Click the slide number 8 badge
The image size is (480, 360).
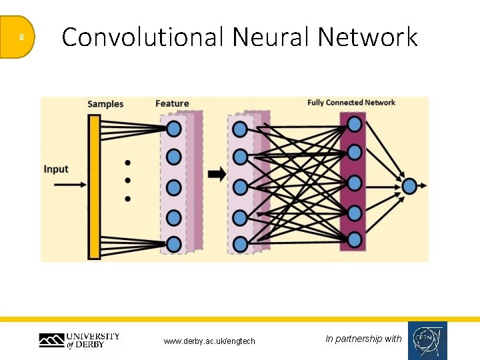[x=20, y=37]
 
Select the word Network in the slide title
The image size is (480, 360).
[x=367, y=37]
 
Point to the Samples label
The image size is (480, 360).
[x=105, y=104]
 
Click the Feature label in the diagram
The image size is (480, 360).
[x=172, y=104]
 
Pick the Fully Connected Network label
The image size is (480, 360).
[x=351, y=103]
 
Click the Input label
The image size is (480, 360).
[x=56, y=169]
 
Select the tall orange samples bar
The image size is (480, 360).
[x=94, y=187]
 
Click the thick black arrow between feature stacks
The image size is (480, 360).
[x=217, y=175]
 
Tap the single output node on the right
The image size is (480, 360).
[x=409, y=186]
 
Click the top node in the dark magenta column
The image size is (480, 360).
[x=355, y=125]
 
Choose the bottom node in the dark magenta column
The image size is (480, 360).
[x=355, y=239]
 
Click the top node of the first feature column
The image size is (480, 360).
[x=174, y=128]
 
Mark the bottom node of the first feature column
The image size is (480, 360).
[x=174, y=244]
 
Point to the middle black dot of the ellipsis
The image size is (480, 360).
[x=127, y=180]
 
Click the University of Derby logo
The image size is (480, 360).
[x=79, y=340]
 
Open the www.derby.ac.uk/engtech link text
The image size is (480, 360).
[x=209, y=341]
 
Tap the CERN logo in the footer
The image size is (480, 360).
[x=427, y=341]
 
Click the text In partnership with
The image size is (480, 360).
[x=363, y=339]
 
